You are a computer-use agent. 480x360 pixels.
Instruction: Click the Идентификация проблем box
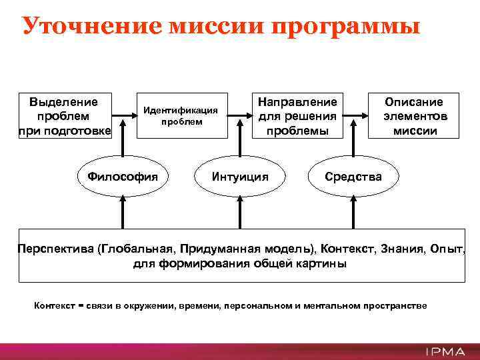[177, 115]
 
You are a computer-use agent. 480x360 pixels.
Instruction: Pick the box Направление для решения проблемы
[297, 115]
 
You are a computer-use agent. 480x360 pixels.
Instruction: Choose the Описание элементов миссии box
[413, 115]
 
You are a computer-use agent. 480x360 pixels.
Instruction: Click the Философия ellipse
[122, 177]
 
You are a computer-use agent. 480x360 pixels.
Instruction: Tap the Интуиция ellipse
[239, 177]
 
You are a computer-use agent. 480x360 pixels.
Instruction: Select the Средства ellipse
[353, 177]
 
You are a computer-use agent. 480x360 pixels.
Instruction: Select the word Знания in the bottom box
[402, 249]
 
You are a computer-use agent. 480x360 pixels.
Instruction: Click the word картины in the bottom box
[323, 263]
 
